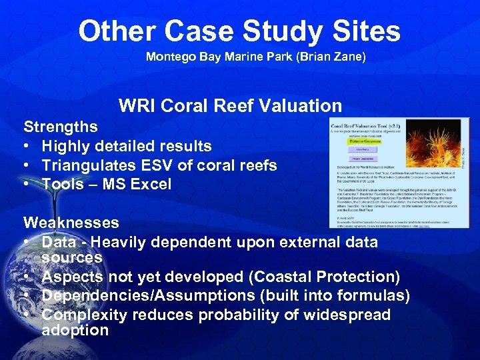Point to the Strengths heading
pos(61,127)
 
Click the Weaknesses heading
pos(71,222)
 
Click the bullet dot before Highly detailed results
pos(29,147)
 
